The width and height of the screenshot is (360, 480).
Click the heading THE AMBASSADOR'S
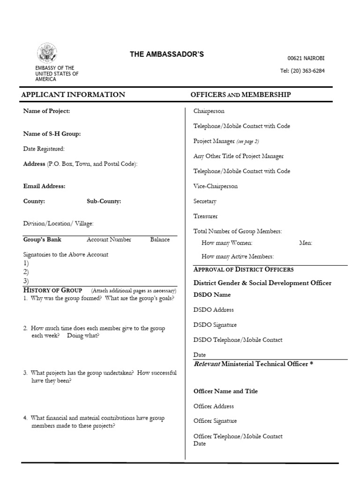[x=166, y=54]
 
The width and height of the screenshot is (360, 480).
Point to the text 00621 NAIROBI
[x=306, y=59]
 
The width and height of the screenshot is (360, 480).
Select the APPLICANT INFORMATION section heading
[x=73, y=95]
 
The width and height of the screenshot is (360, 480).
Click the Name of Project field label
[x=46, y=111]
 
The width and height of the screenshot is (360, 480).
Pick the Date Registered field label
[x=44, y=149]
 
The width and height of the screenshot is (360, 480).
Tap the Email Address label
[x=44, y=186]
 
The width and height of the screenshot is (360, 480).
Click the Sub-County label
[x=104, y=201]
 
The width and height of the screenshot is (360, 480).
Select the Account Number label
[x=109, y=240]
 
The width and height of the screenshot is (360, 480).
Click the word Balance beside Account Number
[x=160, y=240]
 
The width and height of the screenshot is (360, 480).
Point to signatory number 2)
[x=26, y=272]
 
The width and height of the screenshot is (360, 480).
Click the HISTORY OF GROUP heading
[x=52, y=290]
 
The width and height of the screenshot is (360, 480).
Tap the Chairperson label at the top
[x=209, y=111]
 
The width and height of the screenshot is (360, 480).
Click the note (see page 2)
[x=247, y=141]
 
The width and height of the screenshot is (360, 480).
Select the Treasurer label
[x=205, y=216]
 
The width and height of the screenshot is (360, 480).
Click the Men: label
[x=305, y=243]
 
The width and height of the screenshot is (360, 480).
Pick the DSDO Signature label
[x=215, y=325]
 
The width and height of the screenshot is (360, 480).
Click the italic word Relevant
[x=206, y=364]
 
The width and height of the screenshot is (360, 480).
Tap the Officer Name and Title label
[x=225, y=391]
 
